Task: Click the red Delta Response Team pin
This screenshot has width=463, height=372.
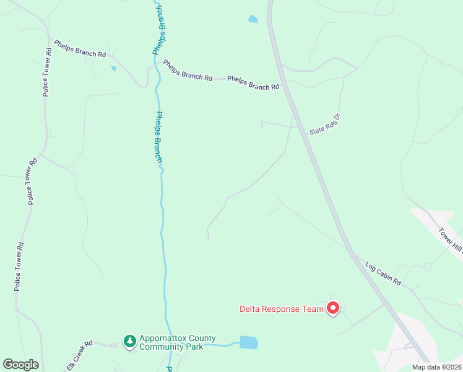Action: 332,308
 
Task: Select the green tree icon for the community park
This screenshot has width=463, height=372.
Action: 129,341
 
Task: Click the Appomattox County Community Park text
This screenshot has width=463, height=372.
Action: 178,342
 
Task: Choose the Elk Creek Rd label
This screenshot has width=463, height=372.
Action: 79,355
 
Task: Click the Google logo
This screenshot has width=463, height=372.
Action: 20,365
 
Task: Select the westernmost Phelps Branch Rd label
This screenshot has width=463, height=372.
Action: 80,48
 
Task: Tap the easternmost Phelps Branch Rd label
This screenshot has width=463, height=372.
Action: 253,83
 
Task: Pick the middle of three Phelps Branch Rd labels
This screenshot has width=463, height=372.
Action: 188,70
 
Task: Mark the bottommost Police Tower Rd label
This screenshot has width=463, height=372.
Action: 19,267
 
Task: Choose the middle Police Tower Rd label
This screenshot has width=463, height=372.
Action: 32,182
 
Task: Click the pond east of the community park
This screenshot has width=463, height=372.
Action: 248,342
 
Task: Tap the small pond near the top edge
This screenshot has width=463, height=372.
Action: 253,19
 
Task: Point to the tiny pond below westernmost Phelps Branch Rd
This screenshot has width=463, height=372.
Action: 113,68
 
